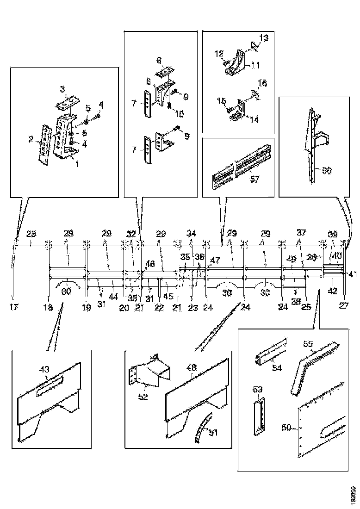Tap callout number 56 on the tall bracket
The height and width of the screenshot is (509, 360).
click(327, 170)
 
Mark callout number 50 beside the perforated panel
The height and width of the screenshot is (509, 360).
click(286, 427)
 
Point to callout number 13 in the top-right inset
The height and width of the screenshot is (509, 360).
click(263, 37)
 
